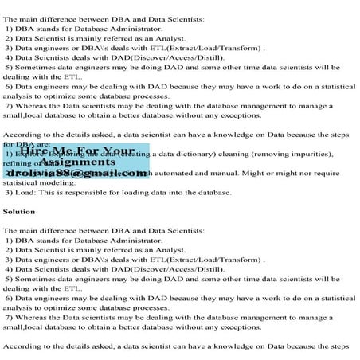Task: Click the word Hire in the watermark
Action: click(x=37, y=151)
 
